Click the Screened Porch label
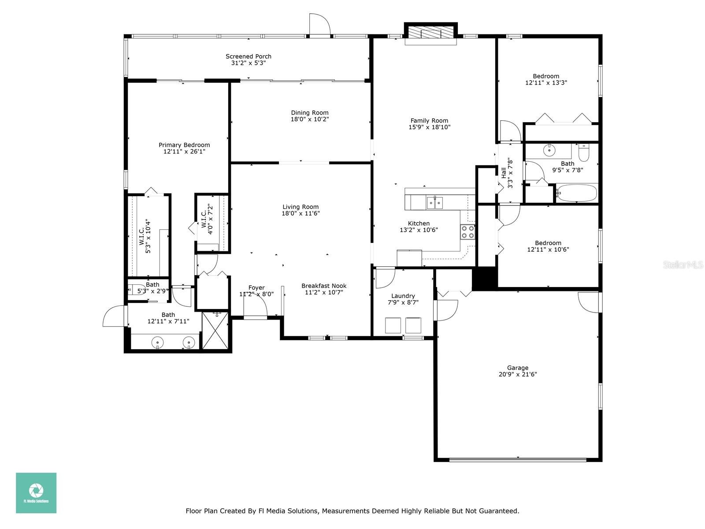pyautogui.click(x=248, y=56)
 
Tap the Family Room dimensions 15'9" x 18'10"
pyautogui.click(x=429, y=127)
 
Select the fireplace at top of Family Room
pyautogui.click(x=430, y=32)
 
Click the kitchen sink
pyautogui.click(x=434, y=203)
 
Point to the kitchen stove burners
pyautogui.click(x=468, y=232)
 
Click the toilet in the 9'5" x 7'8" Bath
pyautogui.click(x=583, y=153)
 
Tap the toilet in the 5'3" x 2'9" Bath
pyautogui.click(x=133, y=290)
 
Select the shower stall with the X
pyautogui.click(x=215, y=331)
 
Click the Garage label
pyautogui.click(x=517, y=368)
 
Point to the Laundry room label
pyautogui.click(x=403, y=296)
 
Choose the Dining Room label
pyautogui.click(x=310, y=113)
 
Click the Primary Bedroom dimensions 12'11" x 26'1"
pyautogui.click(x=184, y=152)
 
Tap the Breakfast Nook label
pyautogui.click(x=324, y=286)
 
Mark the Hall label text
pyautogui.click(x=504, y=173)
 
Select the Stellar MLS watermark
pyautogui.click(x=683, y=264)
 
